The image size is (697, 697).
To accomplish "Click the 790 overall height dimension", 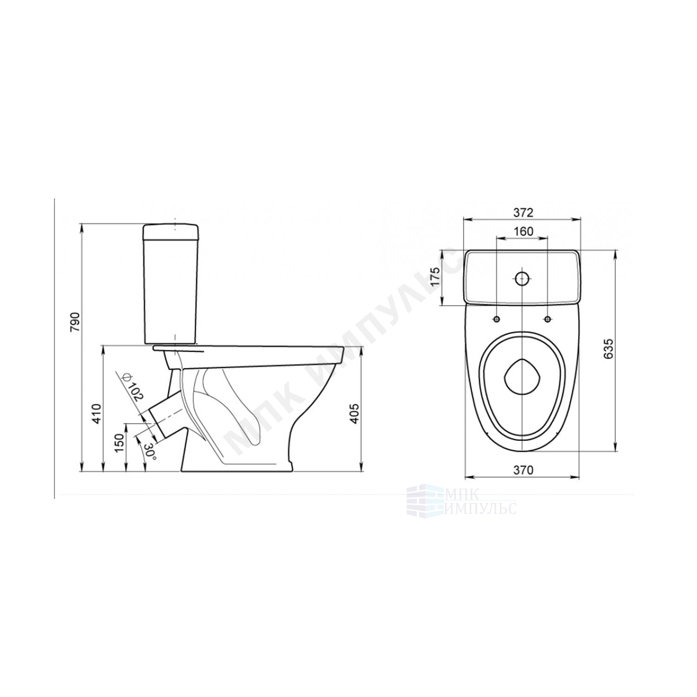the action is point(75,322).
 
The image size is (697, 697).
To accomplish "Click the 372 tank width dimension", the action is point(523,212).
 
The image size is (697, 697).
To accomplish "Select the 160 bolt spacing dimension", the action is point(523,231).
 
